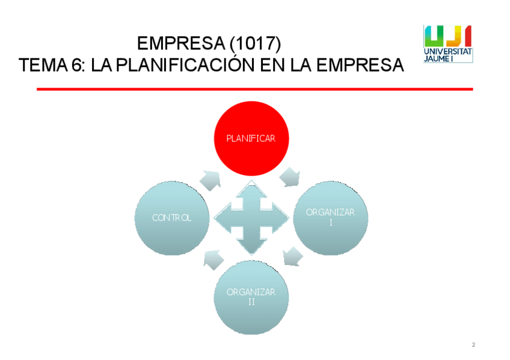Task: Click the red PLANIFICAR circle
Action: [251, 139]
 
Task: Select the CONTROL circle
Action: [172, 218]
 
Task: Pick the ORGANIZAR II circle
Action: [251, 296]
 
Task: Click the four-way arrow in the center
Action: [251, 218]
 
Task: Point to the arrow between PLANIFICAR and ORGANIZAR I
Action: [290, 177]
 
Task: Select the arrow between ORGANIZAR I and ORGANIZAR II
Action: [292, 257]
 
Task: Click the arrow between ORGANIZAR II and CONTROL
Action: [212, 258]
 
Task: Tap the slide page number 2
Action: [473, 344]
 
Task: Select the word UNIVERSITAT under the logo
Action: [448, 52]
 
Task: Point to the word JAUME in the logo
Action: [437, 59]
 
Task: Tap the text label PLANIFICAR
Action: [251, 138]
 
